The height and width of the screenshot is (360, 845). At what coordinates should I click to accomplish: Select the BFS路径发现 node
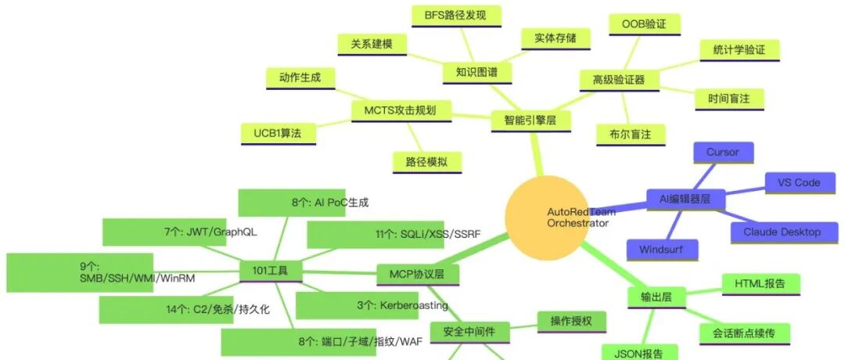pos(456,16)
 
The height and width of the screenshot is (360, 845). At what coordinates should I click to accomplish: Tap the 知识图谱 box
pos(477,72)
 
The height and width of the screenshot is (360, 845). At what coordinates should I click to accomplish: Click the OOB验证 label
pos(644,25)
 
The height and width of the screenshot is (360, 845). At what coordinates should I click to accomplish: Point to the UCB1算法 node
pos(278,134)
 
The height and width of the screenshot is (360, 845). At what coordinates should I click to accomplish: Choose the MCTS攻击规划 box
pos(401,110)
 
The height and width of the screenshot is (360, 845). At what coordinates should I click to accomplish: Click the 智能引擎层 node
pos(530,121)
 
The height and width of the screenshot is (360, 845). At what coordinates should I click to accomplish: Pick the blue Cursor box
pos(723,153)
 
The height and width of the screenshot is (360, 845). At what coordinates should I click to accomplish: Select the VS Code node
pos(799,183)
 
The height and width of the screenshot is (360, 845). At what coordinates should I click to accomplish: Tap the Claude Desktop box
pos(782,232)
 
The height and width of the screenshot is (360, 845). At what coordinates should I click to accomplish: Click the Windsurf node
pos(663,250)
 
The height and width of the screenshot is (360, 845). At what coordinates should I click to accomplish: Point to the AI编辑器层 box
pos(685,200)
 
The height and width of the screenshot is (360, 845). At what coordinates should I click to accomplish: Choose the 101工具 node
pos(271,271)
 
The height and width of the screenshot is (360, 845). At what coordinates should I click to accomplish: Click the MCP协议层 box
pos(417,275)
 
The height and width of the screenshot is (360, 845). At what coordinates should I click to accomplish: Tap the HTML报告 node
pos(760,284)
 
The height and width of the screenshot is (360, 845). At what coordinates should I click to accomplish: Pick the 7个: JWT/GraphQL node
pos(164,232)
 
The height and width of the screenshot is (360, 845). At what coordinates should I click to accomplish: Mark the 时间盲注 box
pos(728,99)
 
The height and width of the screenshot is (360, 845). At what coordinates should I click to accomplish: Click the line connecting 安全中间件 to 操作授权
pos(523,326)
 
